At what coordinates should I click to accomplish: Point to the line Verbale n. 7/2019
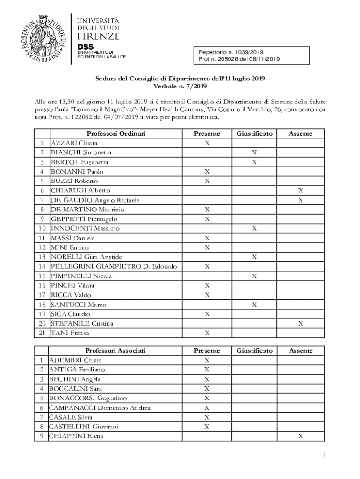(x=180, y=87)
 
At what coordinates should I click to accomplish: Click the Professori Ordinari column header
(x=116, y=134)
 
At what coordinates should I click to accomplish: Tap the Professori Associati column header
(x=115, y=351)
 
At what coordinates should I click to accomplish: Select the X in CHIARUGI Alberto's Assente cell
(x=301, y=190)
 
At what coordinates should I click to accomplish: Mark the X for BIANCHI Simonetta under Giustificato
(x=254, y=152)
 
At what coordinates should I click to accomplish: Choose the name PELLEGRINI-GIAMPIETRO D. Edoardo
(x=114, y=267)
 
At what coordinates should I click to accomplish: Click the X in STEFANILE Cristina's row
(x=301, y=324)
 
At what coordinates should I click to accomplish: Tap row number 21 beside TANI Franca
(x=42, y=333)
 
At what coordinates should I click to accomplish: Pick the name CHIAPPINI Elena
(x=76, y=436)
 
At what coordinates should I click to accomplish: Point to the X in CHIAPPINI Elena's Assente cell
(x=301, y=436)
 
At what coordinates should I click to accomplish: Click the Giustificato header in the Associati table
(x=254, y=351)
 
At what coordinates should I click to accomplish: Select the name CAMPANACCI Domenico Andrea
(x=100, y=407)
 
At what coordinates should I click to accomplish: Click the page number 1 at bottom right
(x=323, y=456)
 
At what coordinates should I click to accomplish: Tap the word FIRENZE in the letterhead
(x=98, y=36)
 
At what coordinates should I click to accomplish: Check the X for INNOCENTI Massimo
(x=254, y=228)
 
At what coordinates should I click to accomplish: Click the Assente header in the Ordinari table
(x=301, y=134)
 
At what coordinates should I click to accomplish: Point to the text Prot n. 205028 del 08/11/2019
(x=239, y=59)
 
